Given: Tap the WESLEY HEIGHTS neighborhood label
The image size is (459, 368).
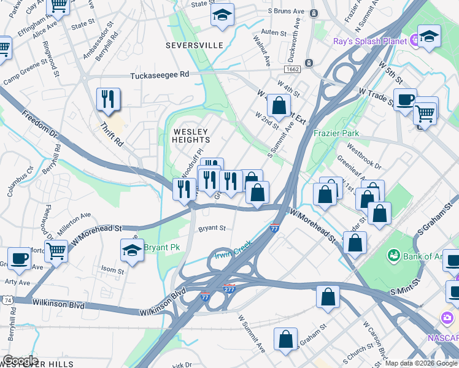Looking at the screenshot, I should [191, 136].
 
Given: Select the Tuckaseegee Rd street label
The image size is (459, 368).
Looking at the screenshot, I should [160, 75].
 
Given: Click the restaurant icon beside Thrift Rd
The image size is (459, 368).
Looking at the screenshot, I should [109, 99].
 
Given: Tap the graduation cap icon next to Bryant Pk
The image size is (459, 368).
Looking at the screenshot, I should [132, 250].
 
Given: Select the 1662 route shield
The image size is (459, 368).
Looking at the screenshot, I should [292, 71].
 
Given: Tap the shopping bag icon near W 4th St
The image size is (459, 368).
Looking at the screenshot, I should [279, 105].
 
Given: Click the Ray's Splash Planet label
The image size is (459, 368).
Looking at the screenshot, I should [370, 41].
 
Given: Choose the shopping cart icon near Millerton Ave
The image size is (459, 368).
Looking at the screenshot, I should [56, 250].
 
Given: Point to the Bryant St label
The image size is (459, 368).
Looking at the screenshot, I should [212, 228].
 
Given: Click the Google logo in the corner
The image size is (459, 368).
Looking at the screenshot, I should [20, 361].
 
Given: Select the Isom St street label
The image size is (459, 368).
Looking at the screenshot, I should [112, 270].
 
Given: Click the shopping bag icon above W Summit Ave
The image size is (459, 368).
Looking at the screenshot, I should [286, 339].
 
